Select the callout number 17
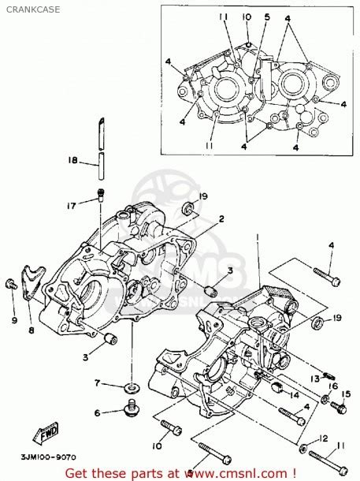[x=72, y=207]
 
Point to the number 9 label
[x=13, y=319]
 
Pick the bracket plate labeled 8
[x=32, y=281]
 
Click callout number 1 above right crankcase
[x=257, y=236]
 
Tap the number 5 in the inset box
[x=268, y=17]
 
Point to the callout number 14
[x=292, y=395]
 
